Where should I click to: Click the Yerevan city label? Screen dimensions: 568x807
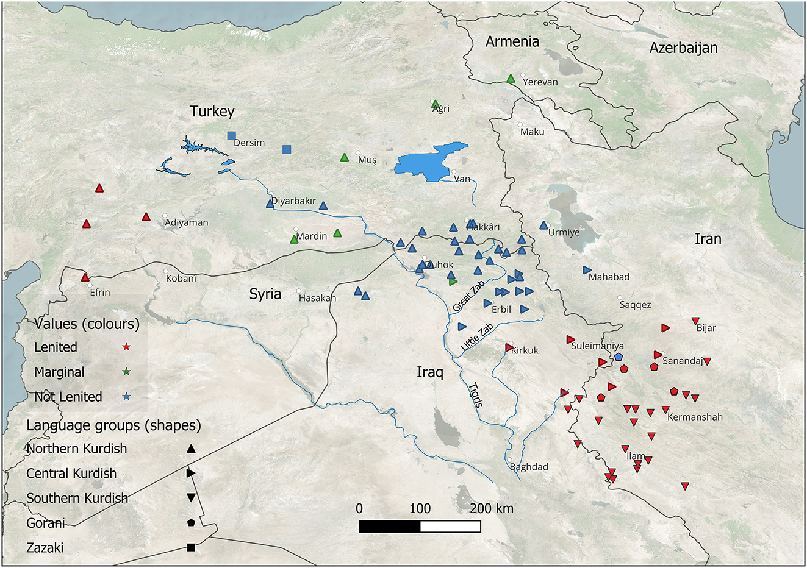[540, 82]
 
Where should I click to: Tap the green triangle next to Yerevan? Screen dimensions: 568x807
[511, 78]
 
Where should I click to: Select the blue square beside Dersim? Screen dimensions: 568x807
[231, 135]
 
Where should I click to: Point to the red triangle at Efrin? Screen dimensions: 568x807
[85, 277]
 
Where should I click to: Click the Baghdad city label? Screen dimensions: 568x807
[529, 467]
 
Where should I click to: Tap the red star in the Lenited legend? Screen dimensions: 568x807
[126, 347]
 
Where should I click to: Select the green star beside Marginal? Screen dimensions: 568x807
[126, 372]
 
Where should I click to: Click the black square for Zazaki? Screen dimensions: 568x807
[191, 548]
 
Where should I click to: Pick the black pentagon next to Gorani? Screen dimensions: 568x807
[191, 523]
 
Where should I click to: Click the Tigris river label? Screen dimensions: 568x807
[476, 394]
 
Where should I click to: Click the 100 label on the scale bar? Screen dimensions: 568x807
[420, 508]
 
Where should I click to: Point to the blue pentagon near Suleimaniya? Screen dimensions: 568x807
[619, 357]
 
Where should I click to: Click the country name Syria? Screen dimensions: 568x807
[265, 294]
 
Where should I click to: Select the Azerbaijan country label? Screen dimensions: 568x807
[683, 48]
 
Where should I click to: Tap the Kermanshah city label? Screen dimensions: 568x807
[695, 417]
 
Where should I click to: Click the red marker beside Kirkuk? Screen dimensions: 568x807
[509, 347]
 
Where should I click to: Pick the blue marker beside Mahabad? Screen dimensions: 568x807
[587, 269]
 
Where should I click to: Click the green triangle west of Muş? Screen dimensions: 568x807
[344, 158]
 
